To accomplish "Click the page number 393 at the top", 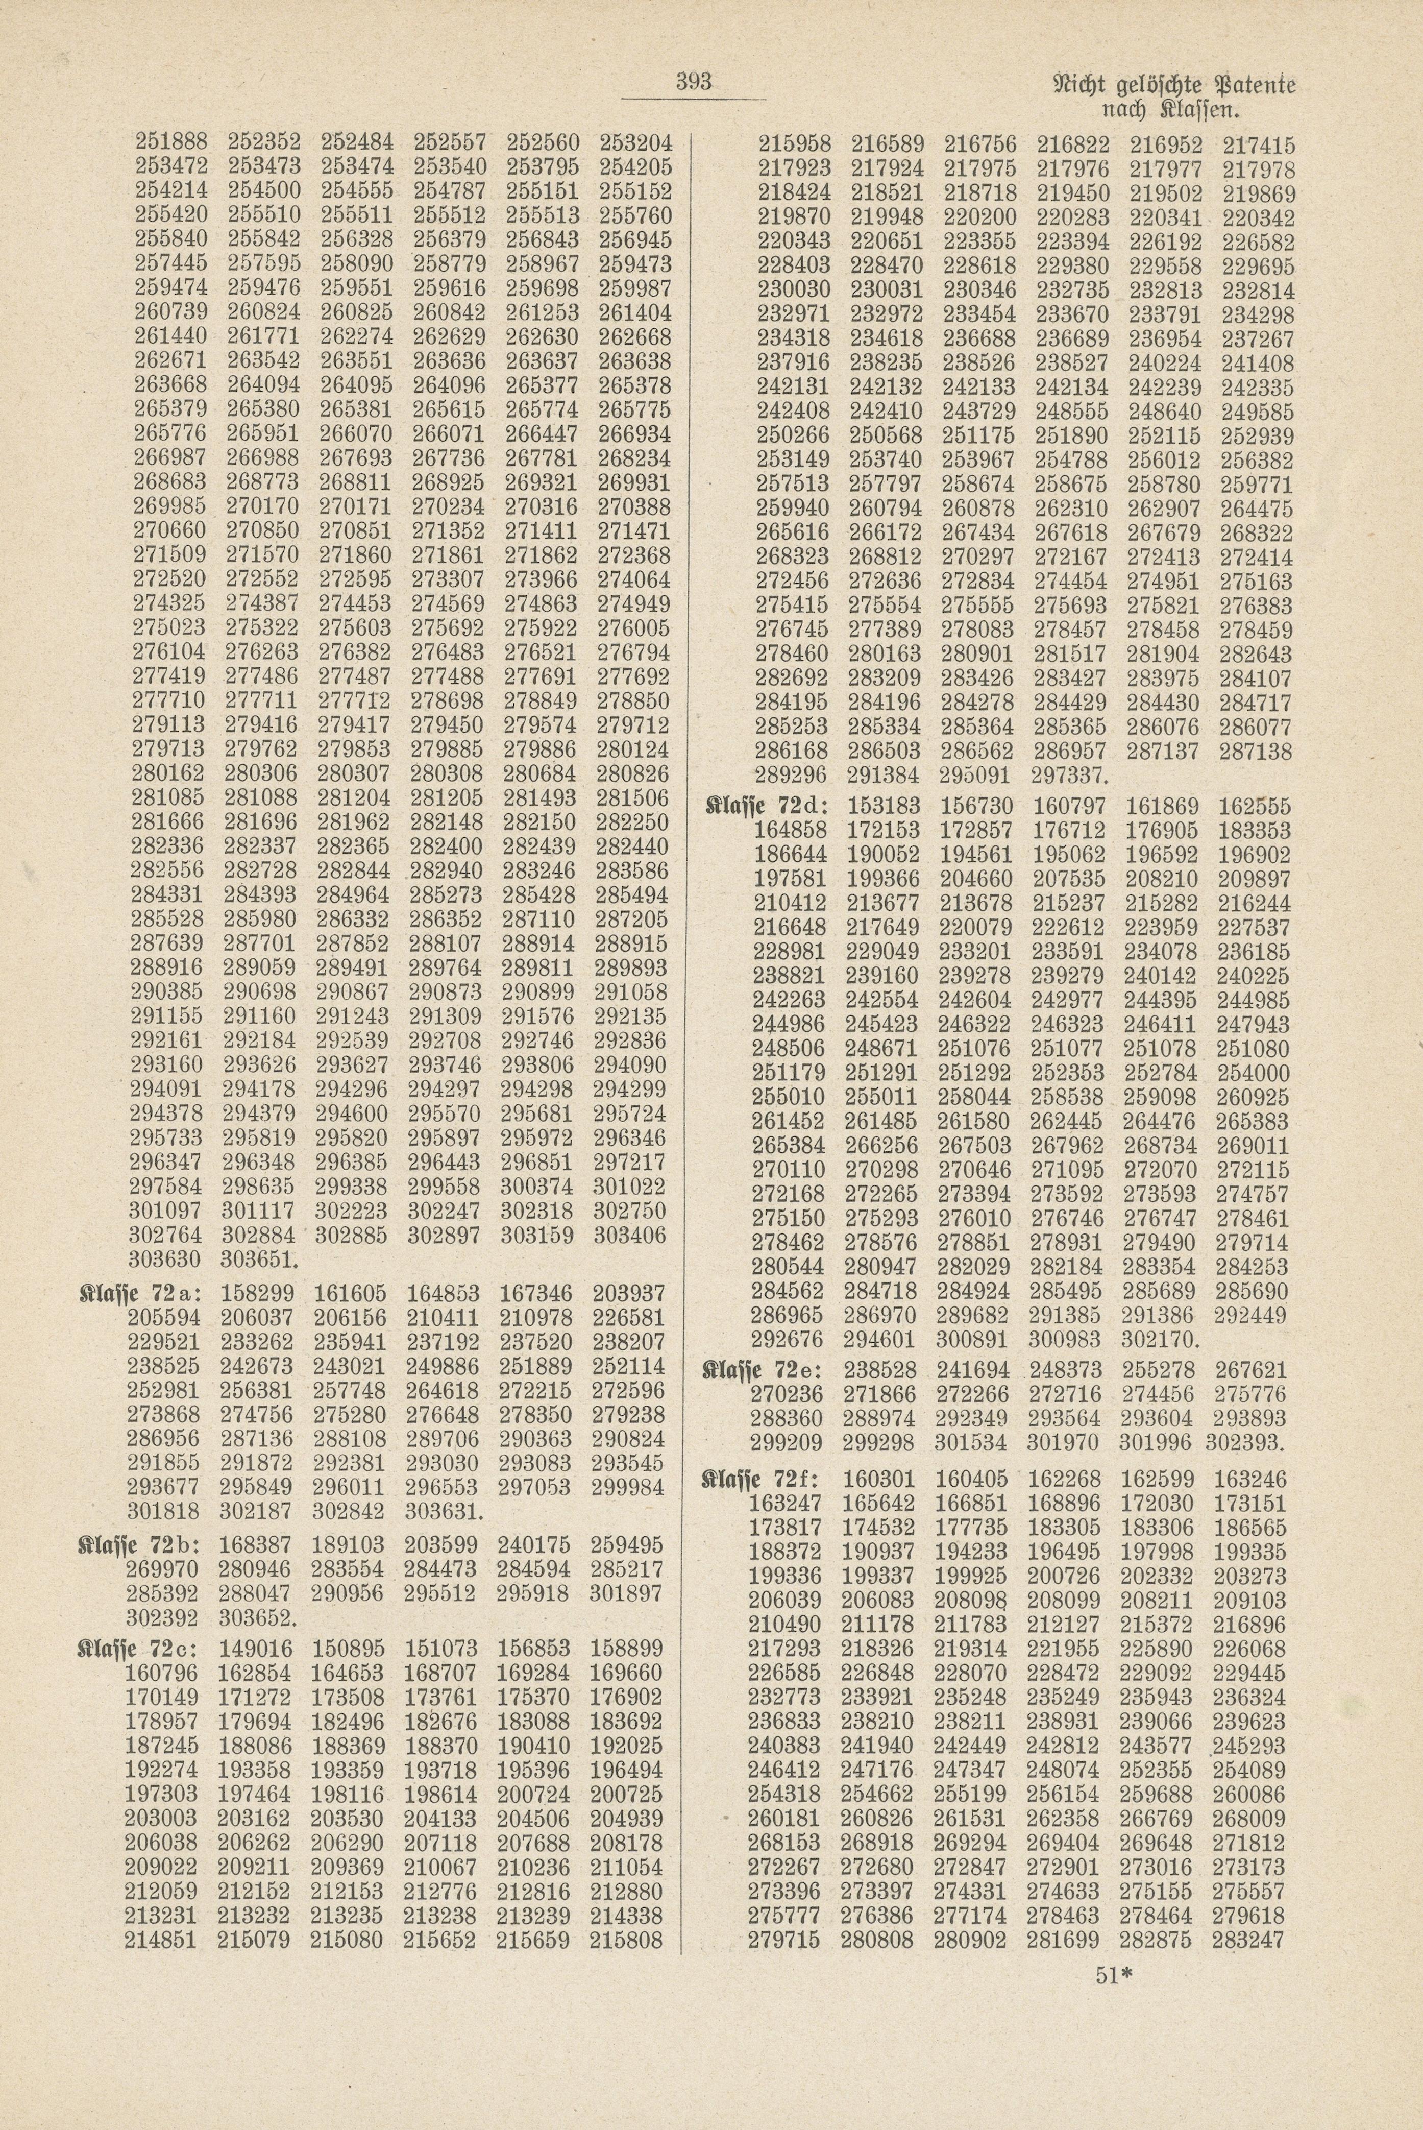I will (694, 83).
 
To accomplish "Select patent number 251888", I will (171, 142).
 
